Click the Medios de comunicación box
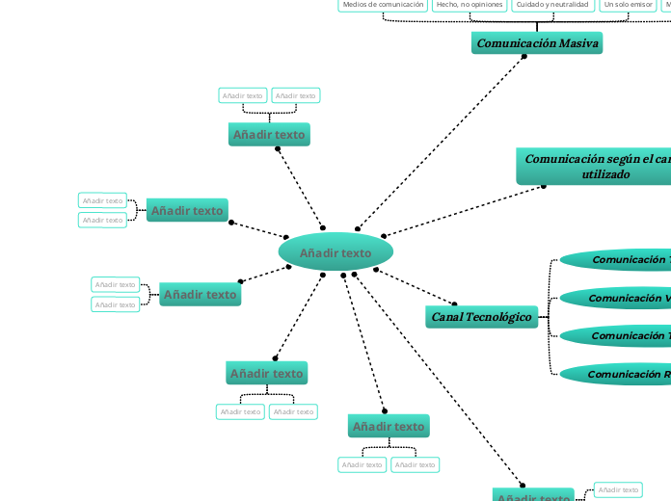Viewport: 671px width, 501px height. pos(383,5)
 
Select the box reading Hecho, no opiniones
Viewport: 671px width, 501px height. pos(470,5)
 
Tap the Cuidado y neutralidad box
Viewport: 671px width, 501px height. pos(551,5)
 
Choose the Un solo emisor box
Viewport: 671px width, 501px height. pos(628,5)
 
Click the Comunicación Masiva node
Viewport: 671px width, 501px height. pos(537,43)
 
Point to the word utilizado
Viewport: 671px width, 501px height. pos(606,174)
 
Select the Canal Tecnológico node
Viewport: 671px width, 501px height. pos(481,316)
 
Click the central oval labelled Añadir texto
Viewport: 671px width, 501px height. pos(335,252)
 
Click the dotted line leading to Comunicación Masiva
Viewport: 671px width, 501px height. pos(453,130)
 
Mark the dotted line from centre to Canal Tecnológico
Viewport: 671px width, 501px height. pos(415,287)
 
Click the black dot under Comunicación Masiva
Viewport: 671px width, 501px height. pos(523,56)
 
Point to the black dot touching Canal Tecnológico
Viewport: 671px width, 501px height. pos(455,304)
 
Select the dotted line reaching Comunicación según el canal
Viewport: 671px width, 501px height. pos(463,210)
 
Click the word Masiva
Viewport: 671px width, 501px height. pos(579,43)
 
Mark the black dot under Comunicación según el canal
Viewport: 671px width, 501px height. pos(544,185)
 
